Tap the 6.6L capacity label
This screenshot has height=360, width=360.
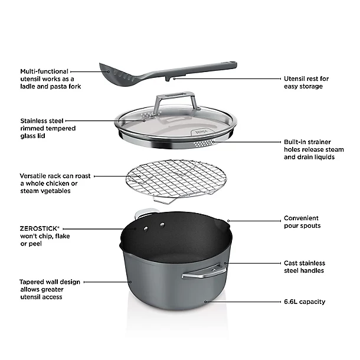tap(304, 302)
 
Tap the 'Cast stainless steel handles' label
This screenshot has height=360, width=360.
tap(304, 267)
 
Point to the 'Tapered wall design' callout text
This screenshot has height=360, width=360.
tap(50, 282)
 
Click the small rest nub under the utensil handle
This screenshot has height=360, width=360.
tap(171, 77)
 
